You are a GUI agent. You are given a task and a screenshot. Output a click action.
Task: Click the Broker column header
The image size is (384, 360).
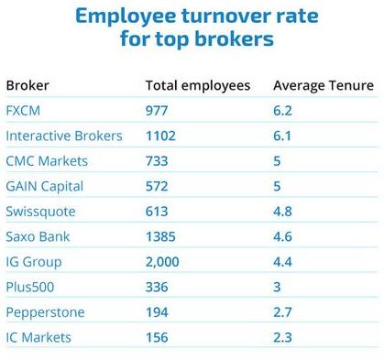(x=27, y=86)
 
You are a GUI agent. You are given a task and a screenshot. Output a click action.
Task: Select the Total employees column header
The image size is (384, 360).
(x=197, y=86)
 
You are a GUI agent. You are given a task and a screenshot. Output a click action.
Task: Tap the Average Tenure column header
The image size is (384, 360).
(x=324, y=86)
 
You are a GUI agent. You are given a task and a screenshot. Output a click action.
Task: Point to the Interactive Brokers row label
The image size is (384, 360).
(x=64, y=136)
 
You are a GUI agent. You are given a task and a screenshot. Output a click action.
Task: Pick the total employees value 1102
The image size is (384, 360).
(x=160, y=136)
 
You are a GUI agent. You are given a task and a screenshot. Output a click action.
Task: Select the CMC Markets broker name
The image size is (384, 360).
(x=47, y=161)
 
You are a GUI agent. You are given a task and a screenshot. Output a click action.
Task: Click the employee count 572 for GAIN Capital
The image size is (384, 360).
(x=157, y=186)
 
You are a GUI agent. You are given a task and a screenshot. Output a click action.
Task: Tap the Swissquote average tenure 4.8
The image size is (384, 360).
(x=283, y=212)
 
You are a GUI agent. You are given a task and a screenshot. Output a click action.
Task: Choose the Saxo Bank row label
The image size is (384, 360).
(x=38, y=236)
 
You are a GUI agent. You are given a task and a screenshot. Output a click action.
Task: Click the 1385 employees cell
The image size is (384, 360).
(x=161, y=236)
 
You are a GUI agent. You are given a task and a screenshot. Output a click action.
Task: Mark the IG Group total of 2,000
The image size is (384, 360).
(x=164, y=262)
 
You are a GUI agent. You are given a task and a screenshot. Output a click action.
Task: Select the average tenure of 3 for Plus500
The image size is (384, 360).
(x=278, y=287)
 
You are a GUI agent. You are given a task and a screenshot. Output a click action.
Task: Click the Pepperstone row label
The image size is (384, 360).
(x=45, y=312)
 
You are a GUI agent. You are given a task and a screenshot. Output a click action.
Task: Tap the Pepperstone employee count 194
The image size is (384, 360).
(x=157, y=312)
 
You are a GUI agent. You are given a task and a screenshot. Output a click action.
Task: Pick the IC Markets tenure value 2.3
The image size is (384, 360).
(x=283, y=338)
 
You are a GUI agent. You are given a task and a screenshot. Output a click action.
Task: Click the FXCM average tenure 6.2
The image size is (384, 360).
(x=283, y=111)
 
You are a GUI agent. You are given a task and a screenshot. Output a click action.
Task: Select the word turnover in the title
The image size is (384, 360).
(x=214, y=16)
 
